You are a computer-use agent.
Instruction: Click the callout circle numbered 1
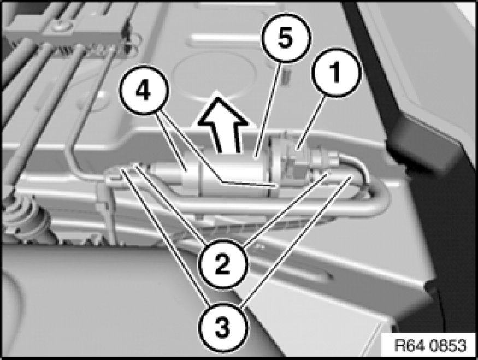click(x=337, y=73)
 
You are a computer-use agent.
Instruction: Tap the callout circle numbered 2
click(x=222, y=264)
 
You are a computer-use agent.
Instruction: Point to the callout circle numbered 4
click(x=144, y=90)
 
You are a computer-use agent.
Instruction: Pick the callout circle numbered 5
click(x=286, y=38)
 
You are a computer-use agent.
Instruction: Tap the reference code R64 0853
click(x=430, y=345)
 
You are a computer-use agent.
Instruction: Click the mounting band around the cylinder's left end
click(x=191, y=176)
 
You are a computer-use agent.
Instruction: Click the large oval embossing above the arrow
click(x=214, y=76)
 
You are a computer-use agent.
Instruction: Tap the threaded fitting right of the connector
click(x=324, y=157)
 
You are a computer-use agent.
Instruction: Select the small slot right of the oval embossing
click(x=286, y=78)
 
